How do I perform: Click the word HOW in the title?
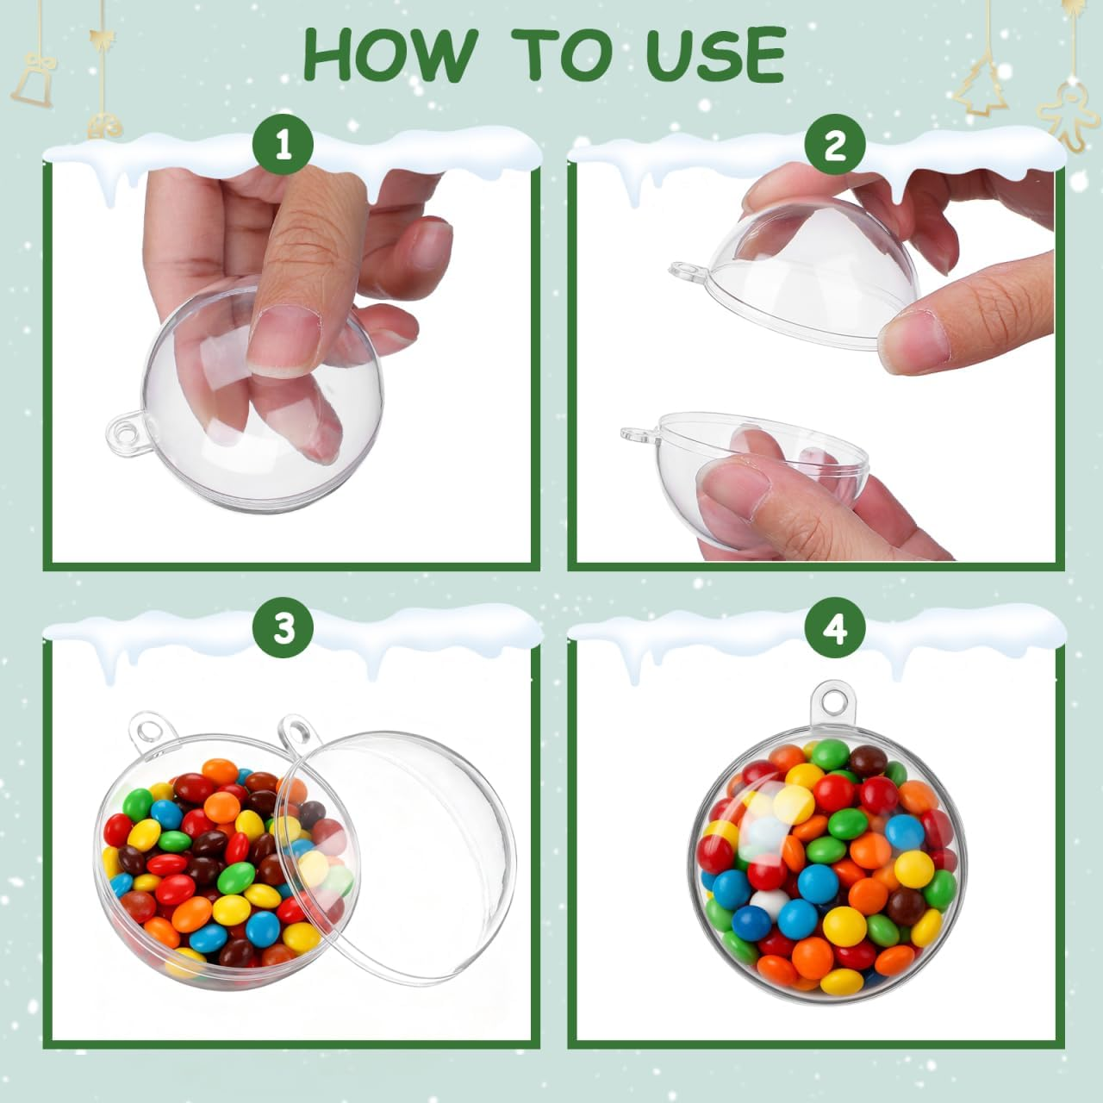pos(389,54)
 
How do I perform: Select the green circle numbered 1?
pos(283,146)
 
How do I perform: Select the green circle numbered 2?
pos(834,146)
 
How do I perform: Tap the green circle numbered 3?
pos(284,629)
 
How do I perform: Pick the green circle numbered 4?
pos(834,629)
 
